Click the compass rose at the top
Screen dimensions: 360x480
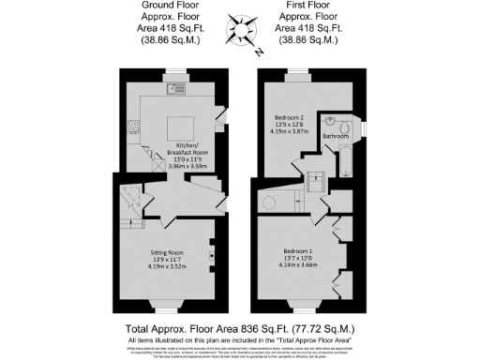pyautogui.click(x=239, y=27)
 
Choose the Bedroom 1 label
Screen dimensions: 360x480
pyautogui.click(x=300, y=250)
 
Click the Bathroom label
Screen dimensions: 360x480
pyautogui.click(x=335, y=137)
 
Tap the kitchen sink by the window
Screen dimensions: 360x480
pyautogui.click(x=175, y=90)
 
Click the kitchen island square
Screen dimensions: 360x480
pyautogui.click(x=181, y=126)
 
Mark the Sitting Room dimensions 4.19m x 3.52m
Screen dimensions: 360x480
pyautogui.click(x=169, y=266)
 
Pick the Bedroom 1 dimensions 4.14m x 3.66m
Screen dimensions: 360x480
pyautogui.click(x=300, y=265)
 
